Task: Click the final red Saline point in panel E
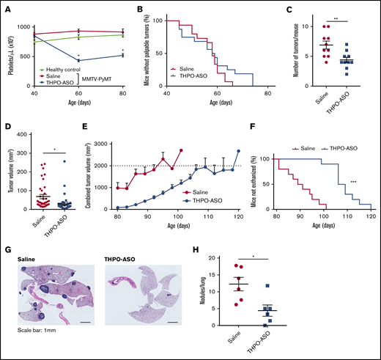180,150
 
